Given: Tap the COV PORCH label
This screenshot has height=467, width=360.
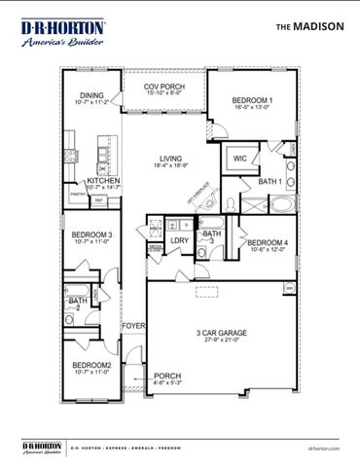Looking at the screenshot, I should [x=163, y=87].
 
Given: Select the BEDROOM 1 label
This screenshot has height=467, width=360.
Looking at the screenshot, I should [x=252, y=101].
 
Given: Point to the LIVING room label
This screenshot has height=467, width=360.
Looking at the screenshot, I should [x=171, y=159].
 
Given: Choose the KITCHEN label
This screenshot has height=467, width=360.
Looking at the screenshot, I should [x=104, y=181].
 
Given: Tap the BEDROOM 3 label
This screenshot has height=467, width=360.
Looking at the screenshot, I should [x=90, y=235].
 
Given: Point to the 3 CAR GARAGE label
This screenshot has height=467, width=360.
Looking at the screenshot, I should [x=220, y=333].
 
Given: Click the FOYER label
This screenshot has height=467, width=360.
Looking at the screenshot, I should [x=133, y=326].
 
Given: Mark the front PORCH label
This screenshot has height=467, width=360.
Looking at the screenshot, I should [x=167, y=376].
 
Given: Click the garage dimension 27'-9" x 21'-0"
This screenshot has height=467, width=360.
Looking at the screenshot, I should [x=220, y=341].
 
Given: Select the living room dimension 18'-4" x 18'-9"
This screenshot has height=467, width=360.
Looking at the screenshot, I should [x=171, y=167].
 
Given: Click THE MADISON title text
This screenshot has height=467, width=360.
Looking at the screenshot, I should [x=309, y=27].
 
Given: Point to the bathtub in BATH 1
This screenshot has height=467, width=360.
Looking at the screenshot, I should [x=282, y=206].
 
